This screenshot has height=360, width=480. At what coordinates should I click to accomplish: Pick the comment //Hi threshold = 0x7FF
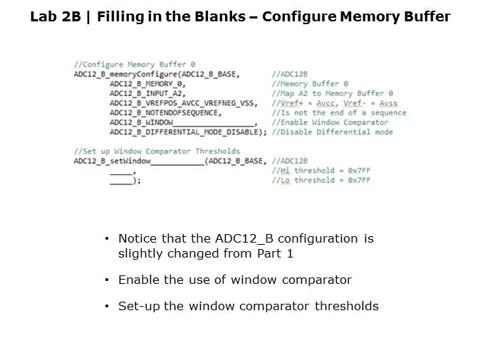coord(321,171)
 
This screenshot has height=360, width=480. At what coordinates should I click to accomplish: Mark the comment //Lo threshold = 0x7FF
coord(321,181)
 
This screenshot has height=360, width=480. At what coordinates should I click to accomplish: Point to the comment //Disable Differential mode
coord(332,132)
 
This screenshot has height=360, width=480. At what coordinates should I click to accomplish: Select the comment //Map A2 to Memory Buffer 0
coord(332,93)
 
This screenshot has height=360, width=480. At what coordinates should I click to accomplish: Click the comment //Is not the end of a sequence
coord(339,112)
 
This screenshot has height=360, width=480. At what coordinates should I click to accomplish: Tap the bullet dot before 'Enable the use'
coord(107,280)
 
